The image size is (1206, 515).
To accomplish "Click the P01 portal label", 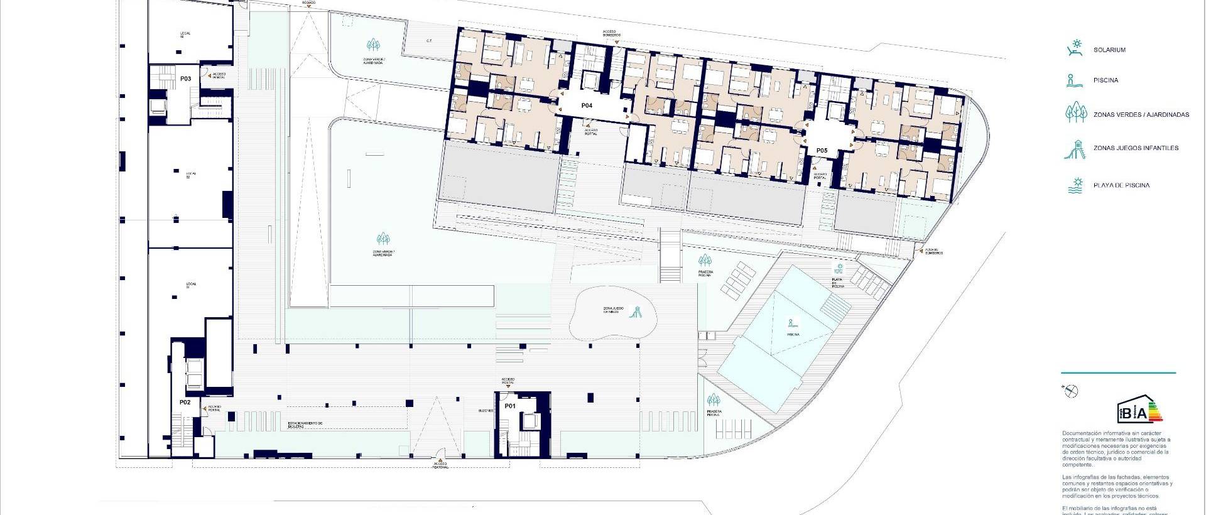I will coord(510,406).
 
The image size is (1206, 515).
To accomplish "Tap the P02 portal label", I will coord(185,402).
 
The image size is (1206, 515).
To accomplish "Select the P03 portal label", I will coord(185,79).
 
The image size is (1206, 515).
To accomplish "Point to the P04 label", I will coord(586,106).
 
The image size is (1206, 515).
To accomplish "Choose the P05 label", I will coord(822,151).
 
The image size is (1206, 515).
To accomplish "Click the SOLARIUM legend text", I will coord(1109,50).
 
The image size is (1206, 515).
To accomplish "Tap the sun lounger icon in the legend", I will coord(1075,48).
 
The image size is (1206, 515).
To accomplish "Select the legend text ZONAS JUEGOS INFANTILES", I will coord(1136,148).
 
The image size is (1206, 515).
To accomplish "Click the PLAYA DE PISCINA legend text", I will coord(1121,185).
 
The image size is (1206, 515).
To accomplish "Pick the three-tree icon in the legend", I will coord(1075,113).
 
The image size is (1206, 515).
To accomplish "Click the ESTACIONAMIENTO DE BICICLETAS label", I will coord(305,425).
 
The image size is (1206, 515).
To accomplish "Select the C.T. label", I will coord(429,41).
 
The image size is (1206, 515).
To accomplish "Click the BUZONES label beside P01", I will coord(486,410).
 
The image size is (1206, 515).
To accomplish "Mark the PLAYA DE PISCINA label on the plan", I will coord(838,283).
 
